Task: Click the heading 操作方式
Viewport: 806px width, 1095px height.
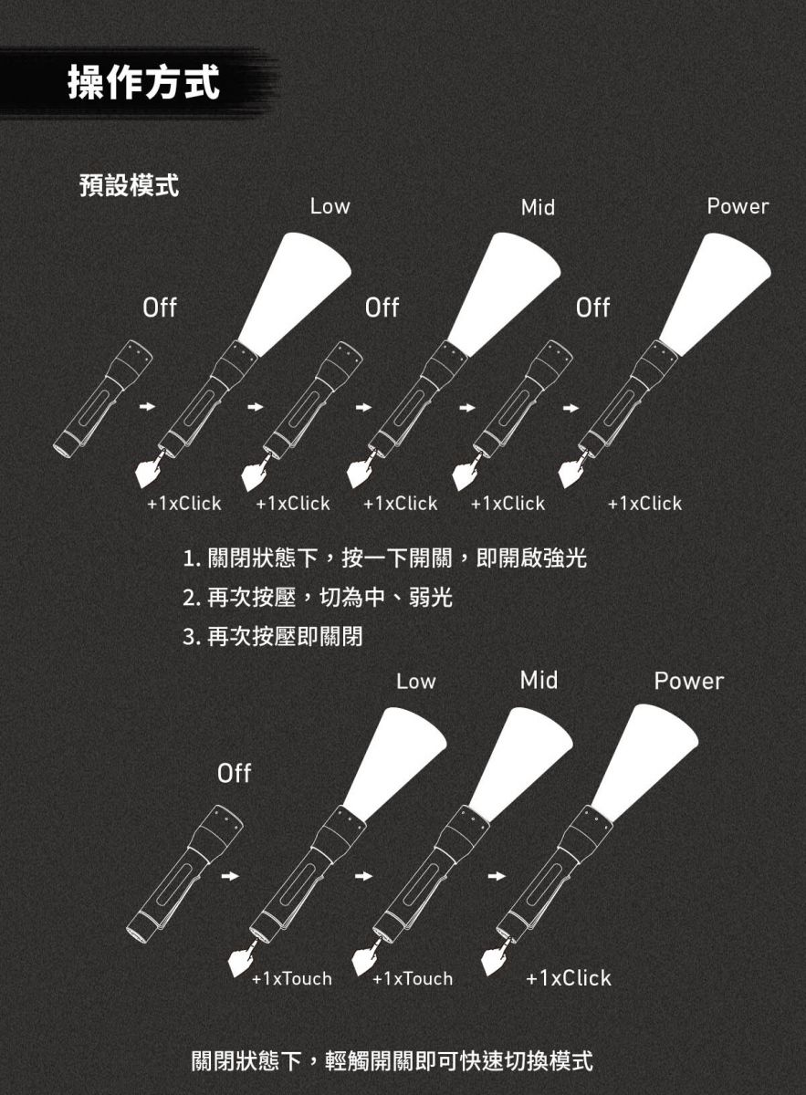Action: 143,82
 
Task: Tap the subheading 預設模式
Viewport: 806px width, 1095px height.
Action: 129,185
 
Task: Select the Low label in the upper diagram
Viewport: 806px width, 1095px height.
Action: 330,206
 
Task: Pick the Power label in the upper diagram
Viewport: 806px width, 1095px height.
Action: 738,206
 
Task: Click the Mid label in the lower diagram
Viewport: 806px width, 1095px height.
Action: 539,680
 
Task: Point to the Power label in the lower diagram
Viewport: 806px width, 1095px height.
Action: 688,681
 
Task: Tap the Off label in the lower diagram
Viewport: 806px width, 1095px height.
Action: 235,774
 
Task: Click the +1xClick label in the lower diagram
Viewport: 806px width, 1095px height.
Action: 569,977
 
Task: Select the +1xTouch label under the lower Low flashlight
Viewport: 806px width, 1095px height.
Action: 292,978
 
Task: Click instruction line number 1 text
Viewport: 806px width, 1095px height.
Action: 385,558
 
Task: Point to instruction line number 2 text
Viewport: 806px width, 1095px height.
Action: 318,597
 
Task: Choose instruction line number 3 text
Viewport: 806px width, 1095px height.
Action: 272,637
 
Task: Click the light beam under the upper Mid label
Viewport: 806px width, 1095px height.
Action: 504,293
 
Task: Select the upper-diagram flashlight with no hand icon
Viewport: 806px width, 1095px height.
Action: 103,399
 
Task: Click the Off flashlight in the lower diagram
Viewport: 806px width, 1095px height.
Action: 184,874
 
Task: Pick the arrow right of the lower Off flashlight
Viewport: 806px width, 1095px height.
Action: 230,876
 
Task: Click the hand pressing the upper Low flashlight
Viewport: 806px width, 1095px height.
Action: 151,470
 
